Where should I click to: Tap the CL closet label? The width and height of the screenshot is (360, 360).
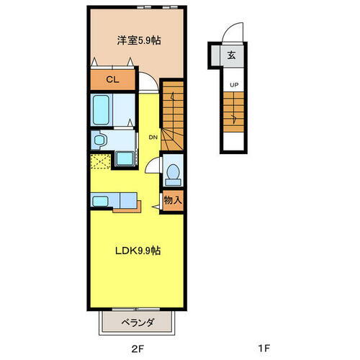[112, 80]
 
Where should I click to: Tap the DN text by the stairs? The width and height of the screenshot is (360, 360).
[153, 137]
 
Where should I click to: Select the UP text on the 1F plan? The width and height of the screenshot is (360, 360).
[233, 85]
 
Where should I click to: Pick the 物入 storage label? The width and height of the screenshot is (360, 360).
[172, 199]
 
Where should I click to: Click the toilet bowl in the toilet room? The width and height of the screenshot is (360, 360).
[172, 173]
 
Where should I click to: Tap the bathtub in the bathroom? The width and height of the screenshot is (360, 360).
[102, 112]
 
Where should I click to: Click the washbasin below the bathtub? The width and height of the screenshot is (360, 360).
[99, 139]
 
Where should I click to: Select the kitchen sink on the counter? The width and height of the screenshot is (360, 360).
[100, 202]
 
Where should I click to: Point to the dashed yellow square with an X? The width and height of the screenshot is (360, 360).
[99, 161]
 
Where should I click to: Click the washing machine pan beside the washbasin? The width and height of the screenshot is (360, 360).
[125, 158]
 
